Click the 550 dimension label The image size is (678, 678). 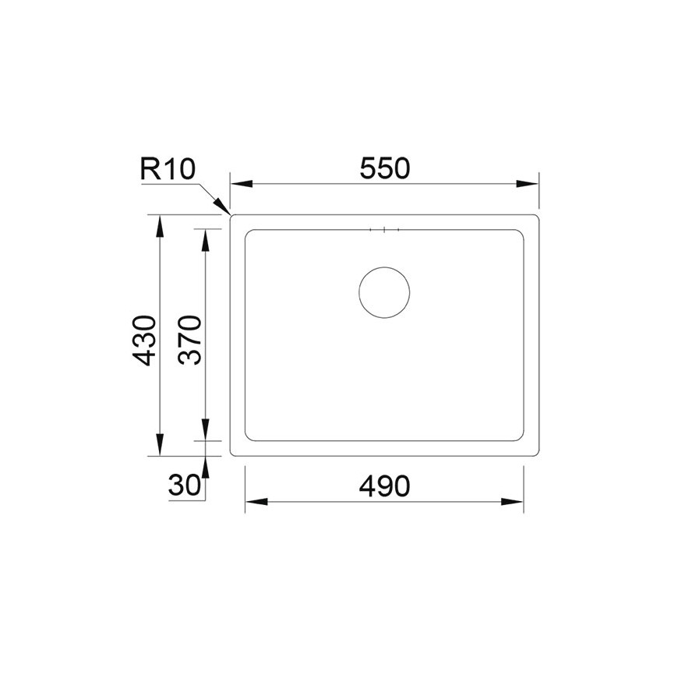click(x=384, y=168)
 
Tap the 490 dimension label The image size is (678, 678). click(x=384, y=486)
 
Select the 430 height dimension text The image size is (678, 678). click(x=144, y=341)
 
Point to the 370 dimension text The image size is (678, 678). click(x=190, y=341)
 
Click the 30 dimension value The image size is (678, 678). click(x=185, y=486)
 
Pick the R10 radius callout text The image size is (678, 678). click(x=168, y=168)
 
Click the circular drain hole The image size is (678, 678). click(x=384, y=292)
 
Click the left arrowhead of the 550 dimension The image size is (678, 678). click(x=242, y=184)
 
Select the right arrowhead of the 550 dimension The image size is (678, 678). click(x=527, y=184)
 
